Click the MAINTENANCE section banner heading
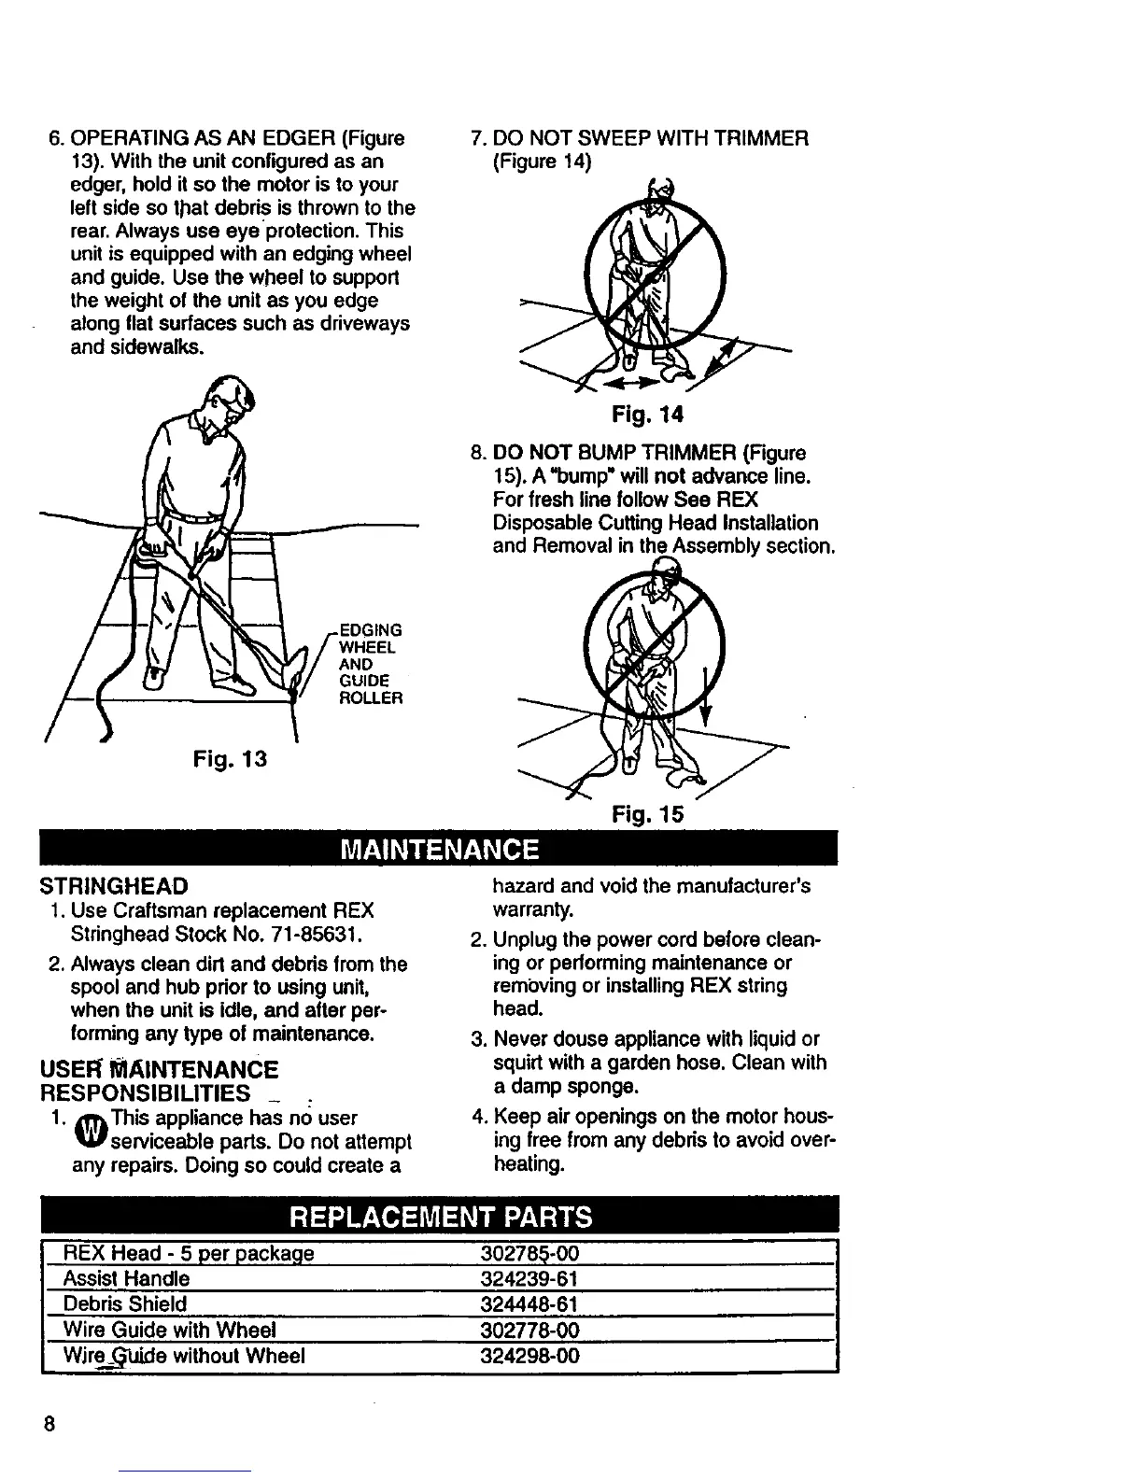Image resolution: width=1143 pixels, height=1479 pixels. pos(440,850)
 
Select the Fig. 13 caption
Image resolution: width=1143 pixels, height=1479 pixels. pos(230,759)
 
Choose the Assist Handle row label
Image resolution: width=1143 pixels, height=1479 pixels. pos(126,1278)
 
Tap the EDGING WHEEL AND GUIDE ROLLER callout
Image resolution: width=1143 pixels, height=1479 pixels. pos(369,663)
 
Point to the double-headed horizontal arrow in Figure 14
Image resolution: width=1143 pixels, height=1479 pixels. pos(628,383)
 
